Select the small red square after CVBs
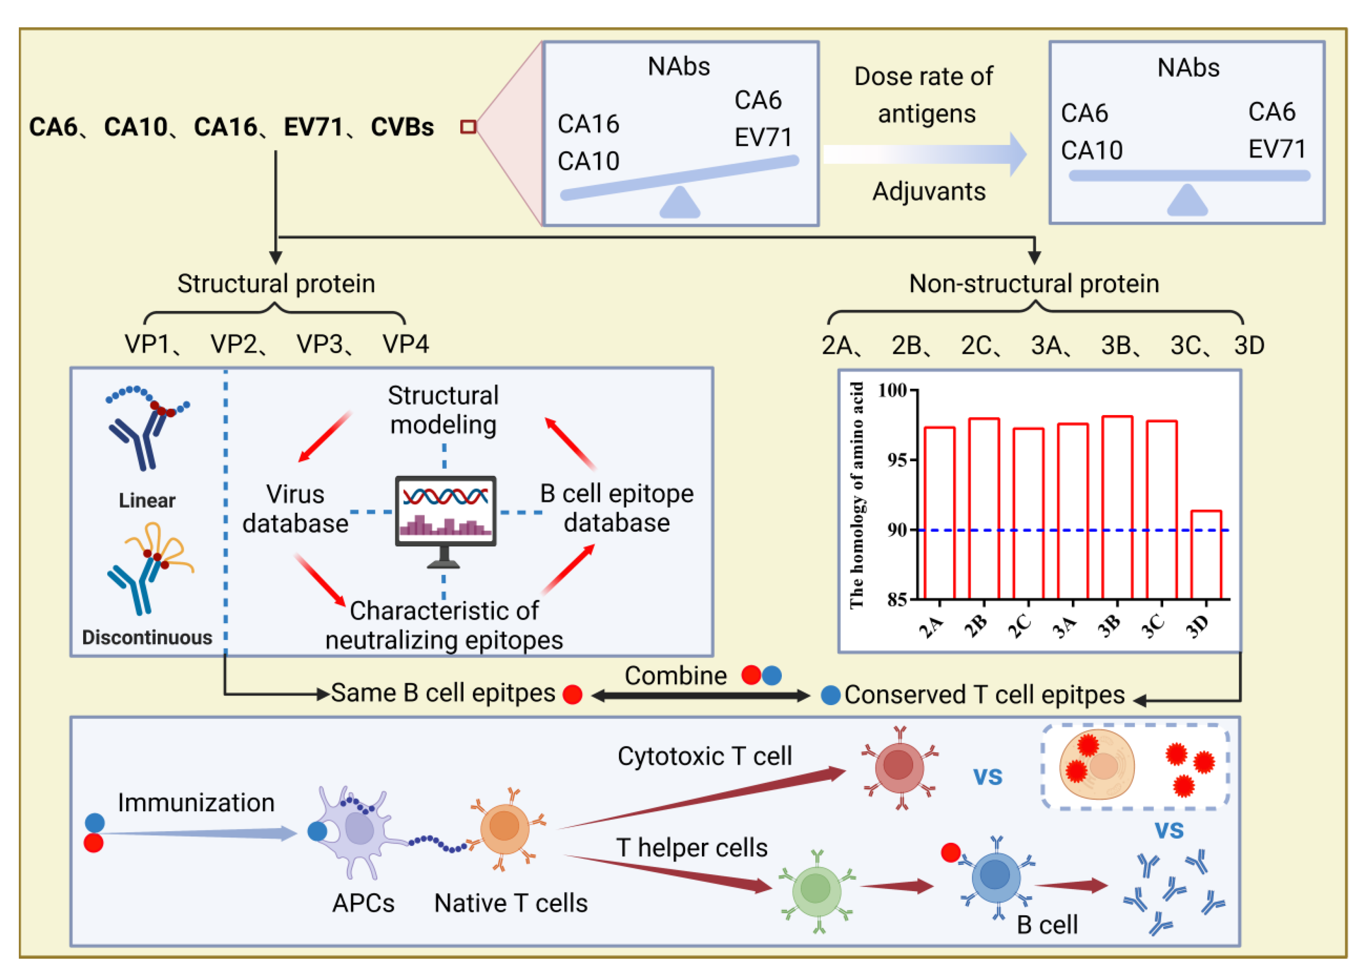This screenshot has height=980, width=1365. point(468,127)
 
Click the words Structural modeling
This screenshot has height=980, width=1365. point(444,410)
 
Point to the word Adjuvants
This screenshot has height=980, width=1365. point(929,191)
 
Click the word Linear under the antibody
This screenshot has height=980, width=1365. point(147,500)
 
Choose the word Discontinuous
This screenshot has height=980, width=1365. point(147,637)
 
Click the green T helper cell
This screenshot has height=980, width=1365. point(816,889)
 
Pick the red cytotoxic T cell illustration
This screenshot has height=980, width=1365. point(899,767)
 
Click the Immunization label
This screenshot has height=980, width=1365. point(196,803)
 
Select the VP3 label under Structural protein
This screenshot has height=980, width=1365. point(319,344)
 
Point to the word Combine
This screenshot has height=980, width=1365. point(675,676)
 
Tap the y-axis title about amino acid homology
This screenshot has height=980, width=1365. point(856,495)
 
